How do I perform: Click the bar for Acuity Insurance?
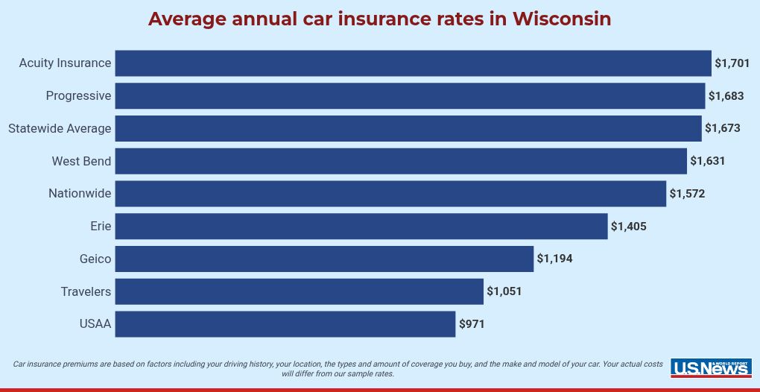[x=413, y=63]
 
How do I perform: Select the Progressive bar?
[x=410, y=96]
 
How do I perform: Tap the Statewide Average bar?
[x=408, y=128]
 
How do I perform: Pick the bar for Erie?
[x=361, y=227]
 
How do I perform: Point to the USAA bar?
[x=285, y=324]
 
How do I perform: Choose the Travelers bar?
[x=299, y=291]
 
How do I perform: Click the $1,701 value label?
[x=732, y=63]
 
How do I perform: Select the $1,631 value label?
[x=707, y=161]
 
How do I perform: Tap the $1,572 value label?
[x=686, y=194]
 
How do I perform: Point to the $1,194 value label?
[x=554, y=259]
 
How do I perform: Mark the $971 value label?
[x=472, y=324]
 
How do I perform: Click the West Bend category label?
[x=81, y=161]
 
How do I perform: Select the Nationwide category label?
[x=80, y=194]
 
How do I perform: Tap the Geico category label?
[x=95, y=259]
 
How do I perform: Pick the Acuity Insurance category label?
[x=65, y=63]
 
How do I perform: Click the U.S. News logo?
[x=711, y=367]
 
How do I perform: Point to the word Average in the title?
[x=187, y=19]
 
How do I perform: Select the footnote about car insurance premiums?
[x=338, y=369]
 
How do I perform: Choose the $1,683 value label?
[x=726, y=96]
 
